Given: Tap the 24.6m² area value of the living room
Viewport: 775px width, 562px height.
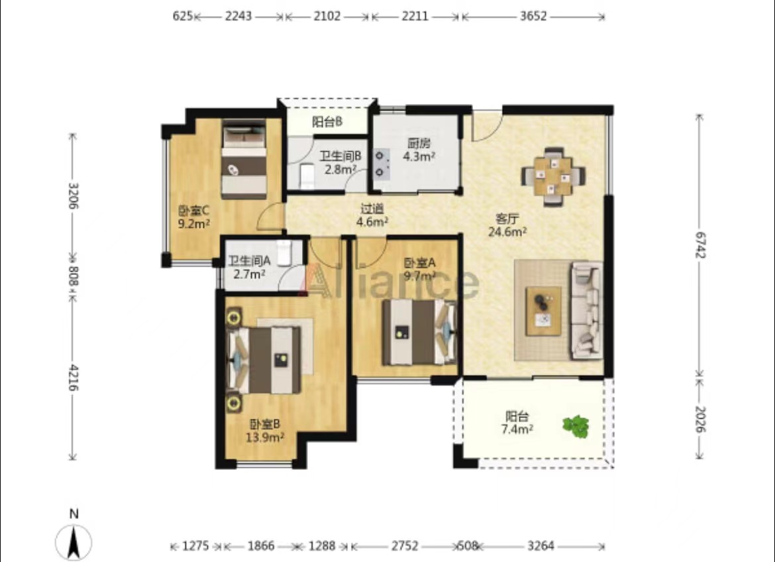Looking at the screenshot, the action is [507, 231].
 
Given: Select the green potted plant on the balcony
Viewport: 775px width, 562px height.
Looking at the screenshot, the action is [576, 426].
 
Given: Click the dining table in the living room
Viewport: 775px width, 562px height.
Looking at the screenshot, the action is [554, 176].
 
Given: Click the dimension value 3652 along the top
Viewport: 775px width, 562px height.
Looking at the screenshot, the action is [533, 17].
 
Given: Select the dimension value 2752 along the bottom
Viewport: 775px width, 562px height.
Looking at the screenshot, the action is [405, 546].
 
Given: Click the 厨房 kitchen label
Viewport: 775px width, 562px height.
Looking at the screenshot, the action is [419, 144].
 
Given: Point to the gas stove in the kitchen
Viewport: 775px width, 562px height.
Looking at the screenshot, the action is [380, 164].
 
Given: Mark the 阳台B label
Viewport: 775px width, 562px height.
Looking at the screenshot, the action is [327, 122].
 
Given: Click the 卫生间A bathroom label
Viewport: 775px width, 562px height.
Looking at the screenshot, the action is [249, 260].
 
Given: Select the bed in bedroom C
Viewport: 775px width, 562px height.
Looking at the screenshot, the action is [244, 159].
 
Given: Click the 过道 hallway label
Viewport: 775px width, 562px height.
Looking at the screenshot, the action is [372, 209].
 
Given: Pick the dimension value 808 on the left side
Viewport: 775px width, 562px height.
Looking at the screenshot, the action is [73, 276].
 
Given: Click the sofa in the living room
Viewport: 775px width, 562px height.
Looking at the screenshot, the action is [587, 310].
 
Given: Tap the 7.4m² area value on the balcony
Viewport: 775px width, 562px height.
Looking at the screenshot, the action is [517, 429].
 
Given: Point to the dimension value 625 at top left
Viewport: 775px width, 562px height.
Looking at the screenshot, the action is [182, 17].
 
